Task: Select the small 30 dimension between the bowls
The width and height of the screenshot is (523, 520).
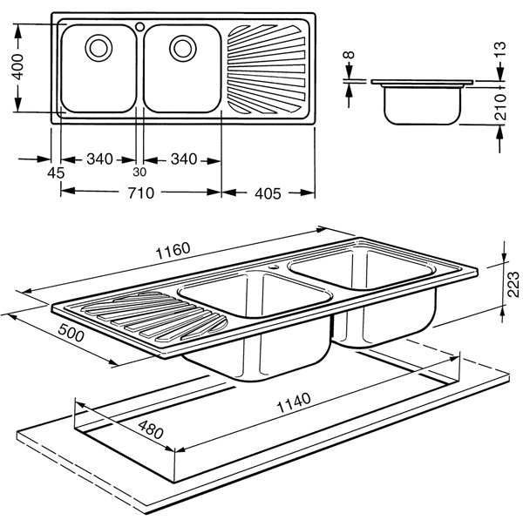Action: [x=139, y=172]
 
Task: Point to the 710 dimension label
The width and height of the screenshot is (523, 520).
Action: [x=141, y=192]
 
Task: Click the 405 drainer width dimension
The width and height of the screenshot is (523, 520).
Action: [x=267, y=193]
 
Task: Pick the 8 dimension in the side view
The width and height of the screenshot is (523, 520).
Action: [x=350, y=60]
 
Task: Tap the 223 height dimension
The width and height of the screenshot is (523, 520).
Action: [x=513, y=282]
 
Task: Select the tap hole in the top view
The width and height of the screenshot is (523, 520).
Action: [x=139, y=26]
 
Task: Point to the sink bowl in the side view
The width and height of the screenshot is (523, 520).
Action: [x=423, y=104]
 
